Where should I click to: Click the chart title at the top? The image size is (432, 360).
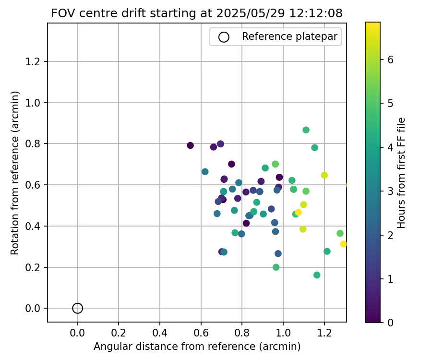(197, 13)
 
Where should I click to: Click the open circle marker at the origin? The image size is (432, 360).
(78, 308)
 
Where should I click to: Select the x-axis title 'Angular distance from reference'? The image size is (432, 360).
(197, 347)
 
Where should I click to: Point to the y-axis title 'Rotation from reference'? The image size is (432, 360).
(15, 173)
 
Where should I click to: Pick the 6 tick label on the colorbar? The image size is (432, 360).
(390, 60)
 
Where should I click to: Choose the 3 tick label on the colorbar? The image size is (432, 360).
(390, 191)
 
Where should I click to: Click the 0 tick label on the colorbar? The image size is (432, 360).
(390, 323)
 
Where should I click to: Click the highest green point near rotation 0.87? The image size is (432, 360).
(306, 130)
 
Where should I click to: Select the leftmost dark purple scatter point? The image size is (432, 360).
(190, 145)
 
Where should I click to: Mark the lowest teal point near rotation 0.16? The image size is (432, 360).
(317, 275)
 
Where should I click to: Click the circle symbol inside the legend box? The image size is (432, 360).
(224, 37)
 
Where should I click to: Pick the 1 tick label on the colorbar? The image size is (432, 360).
(390, 279)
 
